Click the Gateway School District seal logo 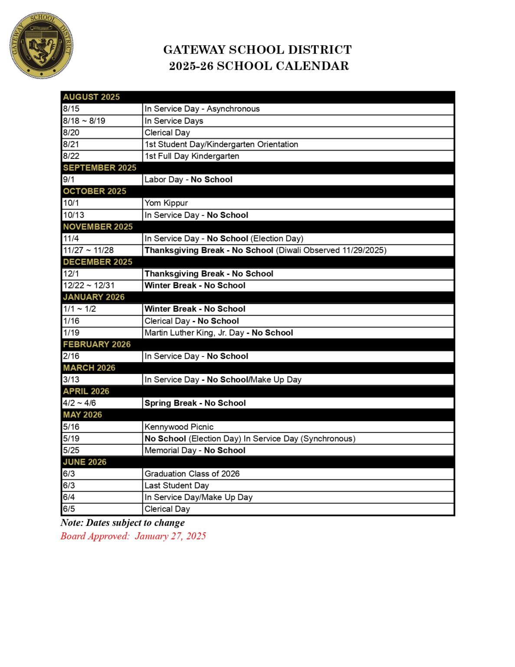[x=41, y=45]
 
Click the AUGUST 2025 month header [x=91, y=97]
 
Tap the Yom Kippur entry [x=166, y=203]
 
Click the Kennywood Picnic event [x=179, y=427]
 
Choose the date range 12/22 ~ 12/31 [x=89, y=285]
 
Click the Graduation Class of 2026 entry [x=192, y=474]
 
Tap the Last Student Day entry [x=177, y=485]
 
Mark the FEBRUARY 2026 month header [x=97, y=344]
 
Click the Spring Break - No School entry [x=195, y=403]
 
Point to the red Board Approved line [x=133, y=536]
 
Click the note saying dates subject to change [x=123, y=522]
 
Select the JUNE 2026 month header [x=85, y=462]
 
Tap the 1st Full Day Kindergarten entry [x=192, y=156]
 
